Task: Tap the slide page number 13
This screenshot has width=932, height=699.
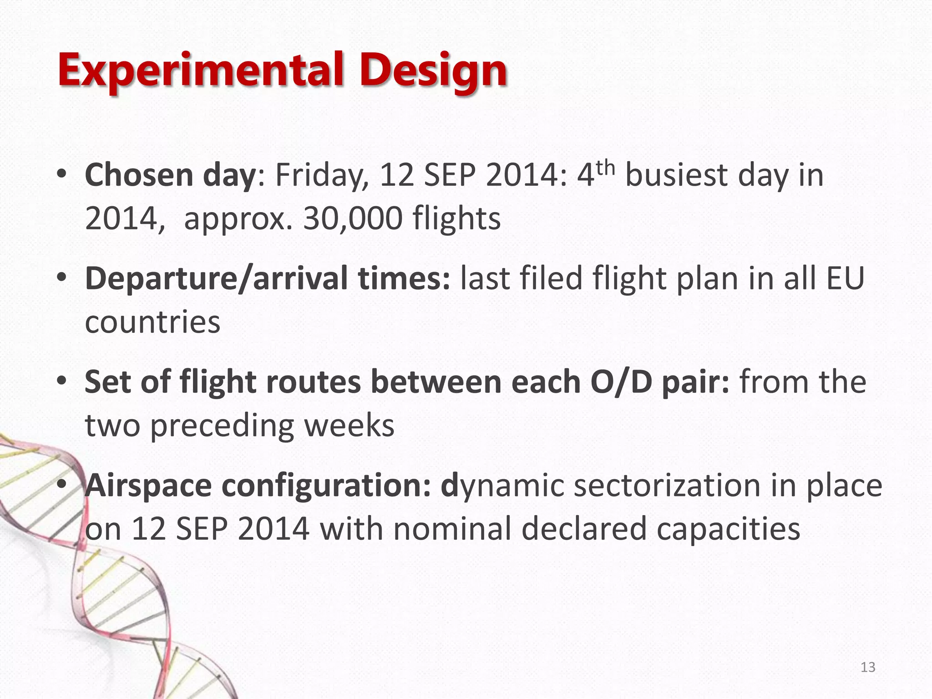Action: [868, 667]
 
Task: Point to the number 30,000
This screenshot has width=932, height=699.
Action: [353, 218]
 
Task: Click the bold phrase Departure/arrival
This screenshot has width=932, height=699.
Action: [216, 279]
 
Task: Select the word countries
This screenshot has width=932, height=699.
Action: [152, 322]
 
